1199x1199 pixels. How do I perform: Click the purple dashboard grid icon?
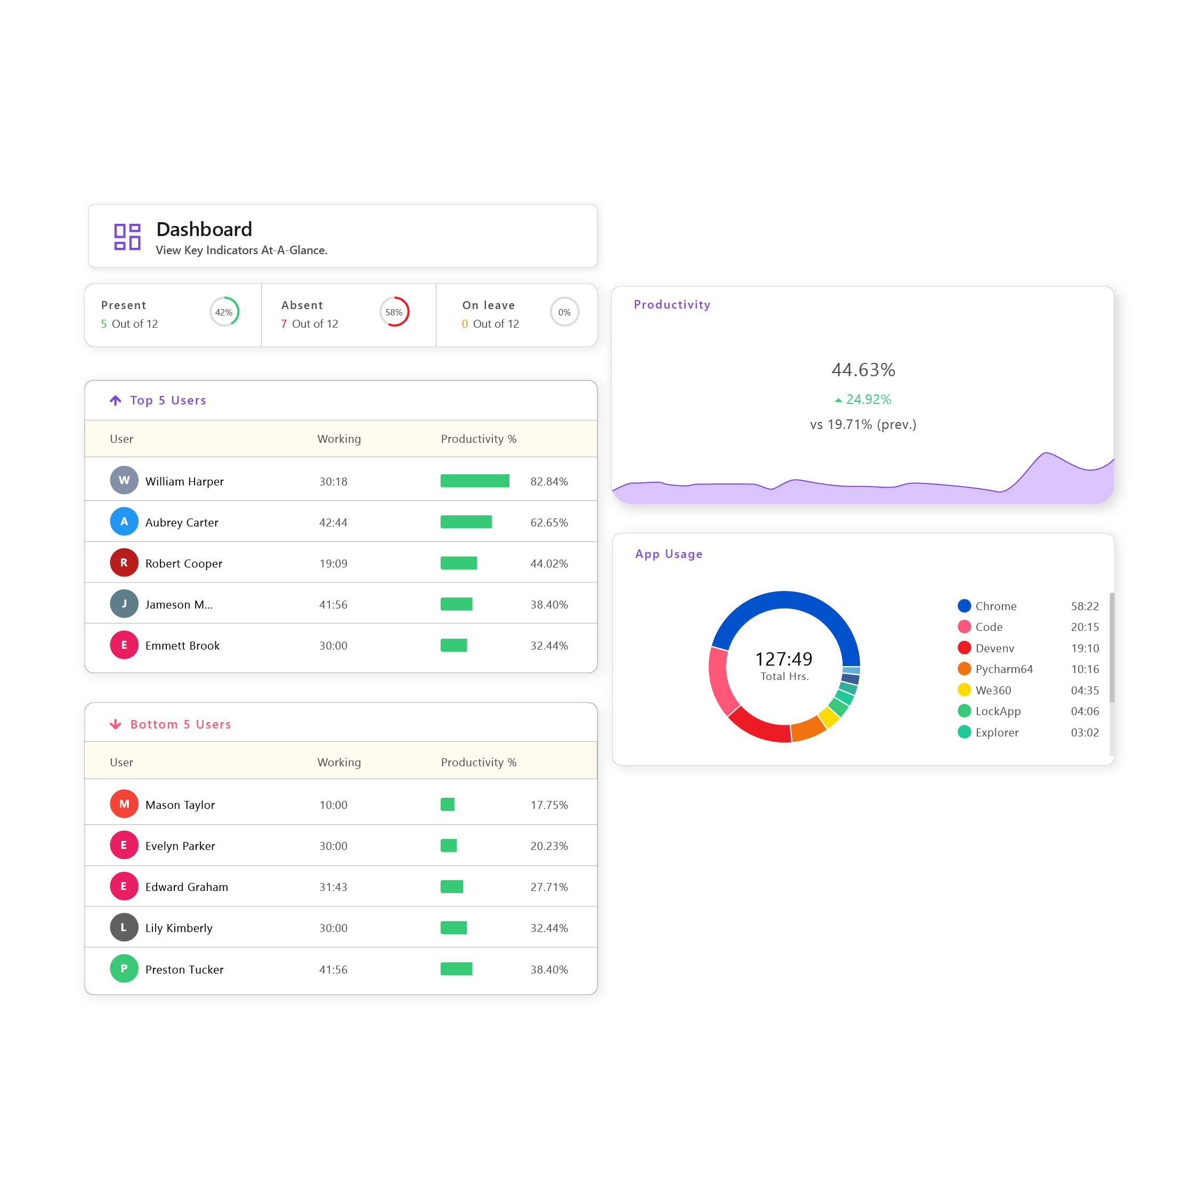[127, 237]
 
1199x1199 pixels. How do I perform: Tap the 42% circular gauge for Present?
[224, 312]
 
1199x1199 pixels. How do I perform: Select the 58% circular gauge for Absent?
[394, 312]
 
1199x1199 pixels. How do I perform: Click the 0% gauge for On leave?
[564, 312]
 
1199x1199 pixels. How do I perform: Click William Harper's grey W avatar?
[124, 480]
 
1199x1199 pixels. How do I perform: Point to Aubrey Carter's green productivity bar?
[466, 522]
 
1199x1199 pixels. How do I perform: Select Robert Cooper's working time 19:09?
[333, 563]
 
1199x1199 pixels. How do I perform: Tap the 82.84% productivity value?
[549, 482]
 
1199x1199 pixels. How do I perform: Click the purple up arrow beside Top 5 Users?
[116, 400]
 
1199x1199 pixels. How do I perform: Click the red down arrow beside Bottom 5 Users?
[116, 724]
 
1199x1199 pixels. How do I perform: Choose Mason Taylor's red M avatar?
[124, 804]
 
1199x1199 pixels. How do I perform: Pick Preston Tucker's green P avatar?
[124, 968]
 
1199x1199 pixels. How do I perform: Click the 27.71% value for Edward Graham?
[549, 887]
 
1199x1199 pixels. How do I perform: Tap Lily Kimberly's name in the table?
[179, 928]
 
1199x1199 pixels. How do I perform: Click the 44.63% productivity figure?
[863, 370]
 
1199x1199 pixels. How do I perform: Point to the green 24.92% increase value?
[868, 400]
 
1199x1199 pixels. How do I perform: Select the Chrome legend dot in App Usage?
[964, 606]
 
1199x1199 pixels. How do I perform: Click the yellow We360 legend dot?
[964, 690]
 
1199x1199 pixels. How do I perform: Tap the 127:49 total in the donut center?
[783, 659]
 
